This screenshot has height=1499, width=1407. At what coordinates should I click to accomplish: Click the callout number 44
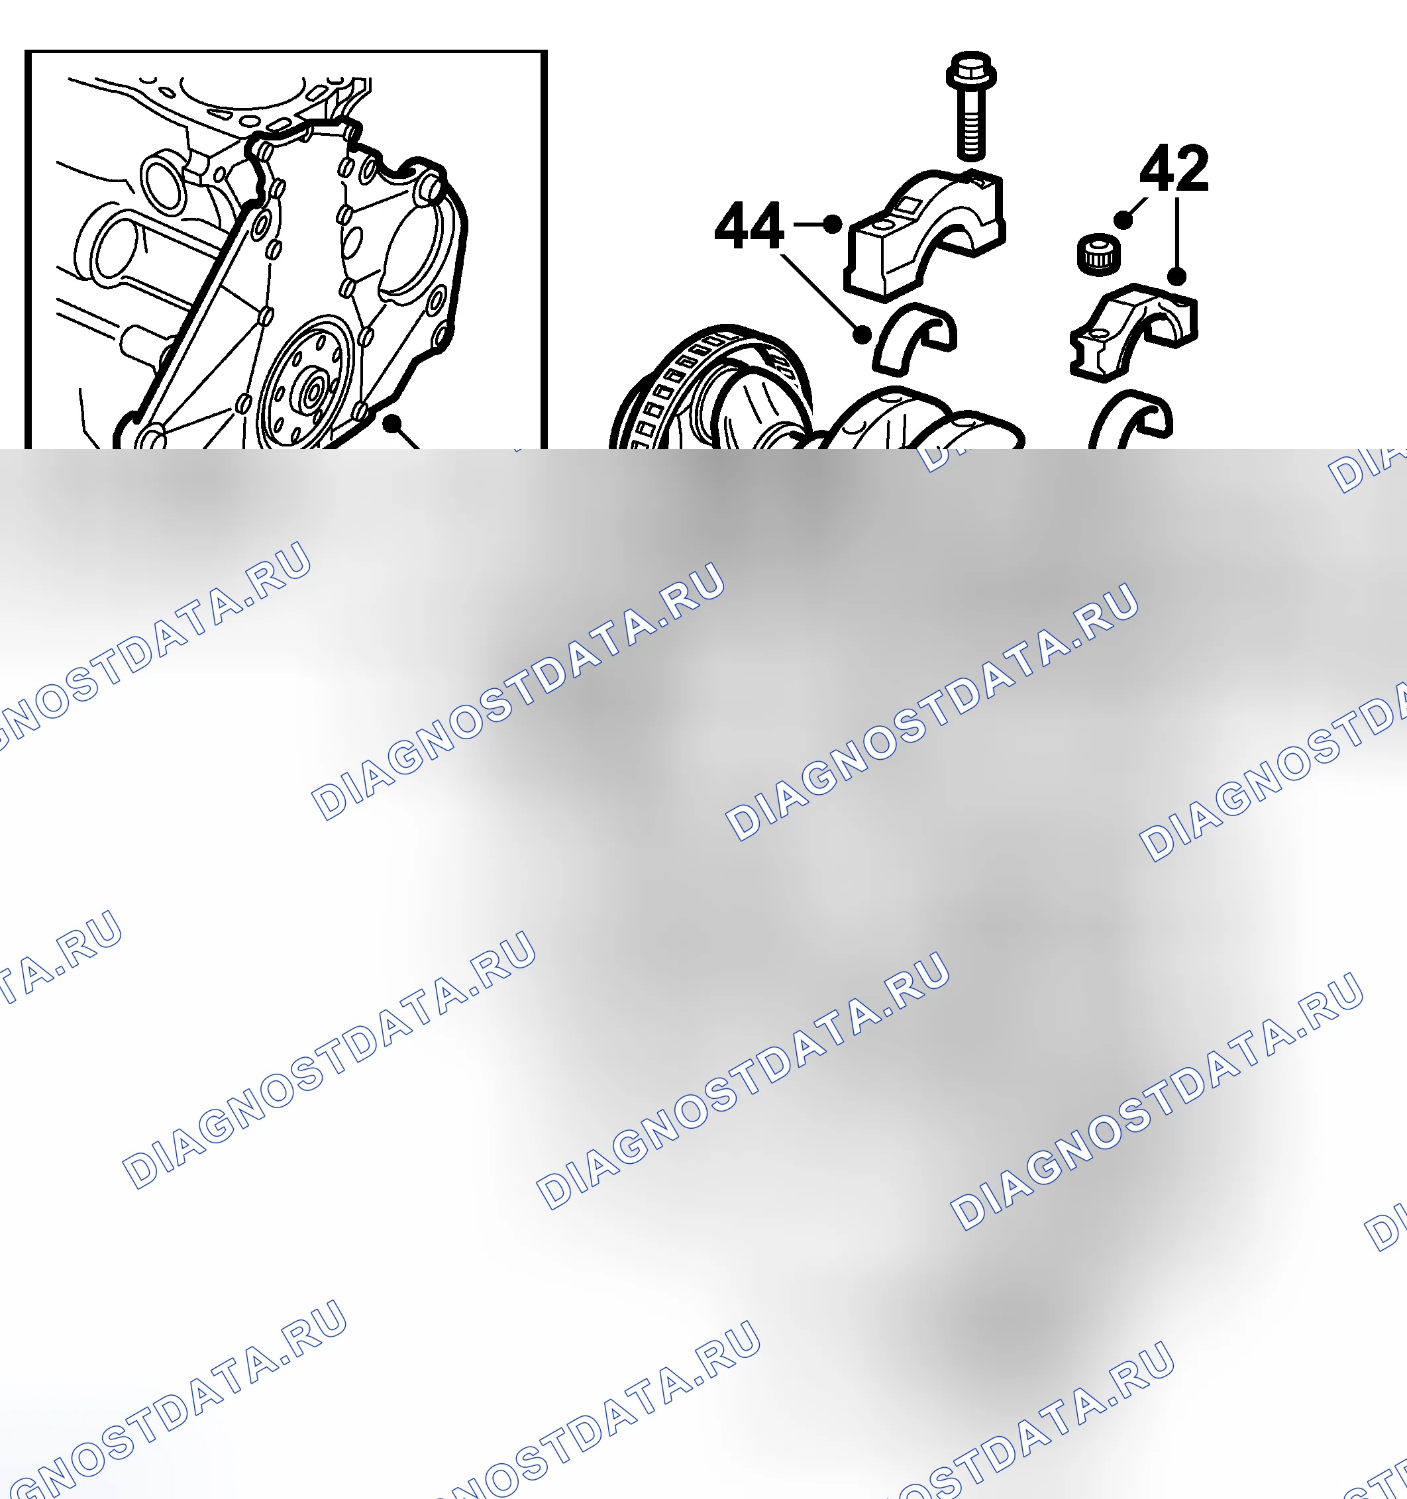point(749,225)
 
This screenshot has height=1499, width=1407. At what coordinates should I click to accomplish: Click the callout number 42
point(1173,168)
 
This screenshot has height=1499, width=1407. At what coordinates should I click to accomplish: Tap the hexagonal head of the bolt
point(971,70)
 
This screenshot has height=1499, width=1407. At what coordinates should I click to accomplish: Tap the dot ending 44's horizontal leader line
point(833,224)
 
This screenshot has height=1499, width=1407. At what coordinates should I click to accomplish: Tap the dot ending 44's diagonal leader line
point(862,334)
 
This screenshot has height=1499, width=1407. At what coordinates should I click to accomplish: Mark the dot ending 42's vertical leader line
point(1177,277)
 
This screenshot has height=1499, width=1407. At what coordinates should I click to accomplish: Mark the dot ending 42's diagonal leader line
point(1123,219)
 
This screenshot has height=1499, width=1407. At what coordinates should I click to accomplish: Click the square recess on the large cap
point(906,203)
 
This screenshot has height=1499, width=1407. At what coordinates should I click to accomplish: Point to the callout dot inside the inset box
point(391,425)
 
